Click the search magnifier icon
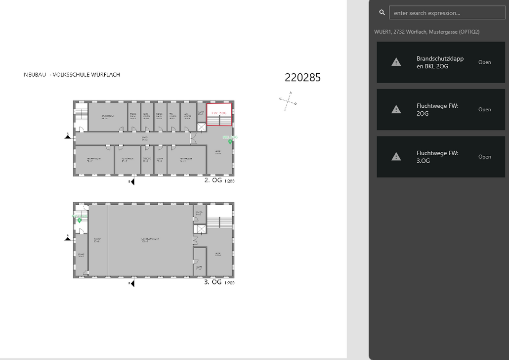click(382, 12)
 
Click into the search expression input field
click(447, 13)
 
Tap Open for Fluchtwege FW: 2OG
click(484, 110)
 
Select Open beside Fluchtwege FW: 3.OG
click(484, 157)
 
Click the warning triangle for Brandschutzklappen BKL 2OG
click(396, 62)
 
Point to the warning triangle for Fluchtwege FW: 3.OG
click(396, 156)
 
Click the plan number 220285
click(302, 77)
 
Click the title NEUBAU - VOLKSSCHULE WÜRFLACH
click(72, 75)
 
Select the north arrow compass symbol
click(288, 100)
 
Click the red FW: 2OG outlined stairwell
click(219, 114)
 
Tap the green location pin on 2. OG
click(230, 141)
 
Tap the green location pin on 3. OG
click(79, 220)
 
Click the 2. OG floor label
click(213, 180)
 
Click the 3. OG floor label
click(213, 282)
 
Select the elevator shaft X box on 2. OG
click(201, 127)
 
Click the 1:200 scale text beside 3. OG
click(229, 283)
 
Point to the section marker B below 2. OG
click(131, 182)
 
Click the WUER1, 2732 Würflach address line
click(426, 32)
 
